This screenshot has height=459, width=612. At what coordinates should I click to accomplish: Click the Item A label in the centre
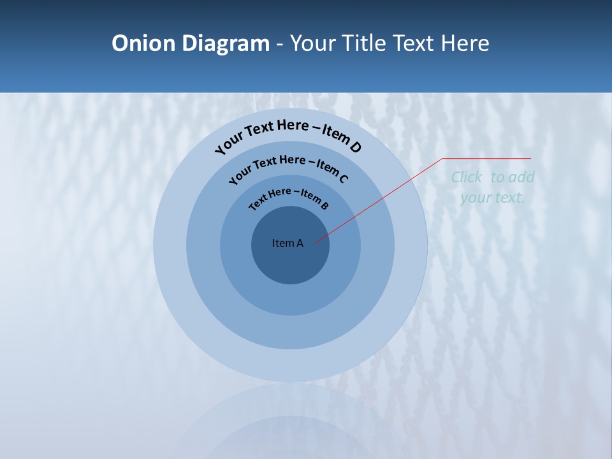(288, 243)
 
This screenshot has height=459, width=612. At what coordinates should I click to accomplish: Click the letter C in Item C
(343, 178)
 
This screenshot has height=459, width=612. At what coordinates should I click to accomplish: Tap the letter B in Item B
(324, 205)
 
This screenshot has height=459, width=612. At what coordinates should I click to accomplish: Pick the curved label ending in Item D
(288, 135)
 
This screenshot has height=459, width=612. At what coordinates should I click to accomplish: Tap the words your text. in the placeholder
(492, 198)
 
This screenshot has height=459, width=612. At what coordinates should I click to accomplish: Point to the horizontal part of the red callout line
(486, 158)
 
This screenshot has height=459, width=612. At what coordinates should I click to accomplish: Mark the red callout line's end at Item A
(314, 242)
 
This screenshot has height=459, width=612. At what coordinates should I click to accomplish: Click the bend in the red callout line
(442, 158)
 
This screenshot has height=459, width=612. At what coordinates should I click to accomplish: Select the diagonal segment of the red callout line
(379, 200)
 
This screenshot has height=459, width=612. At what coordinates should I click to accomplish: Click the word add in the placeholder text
(522, 177)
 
